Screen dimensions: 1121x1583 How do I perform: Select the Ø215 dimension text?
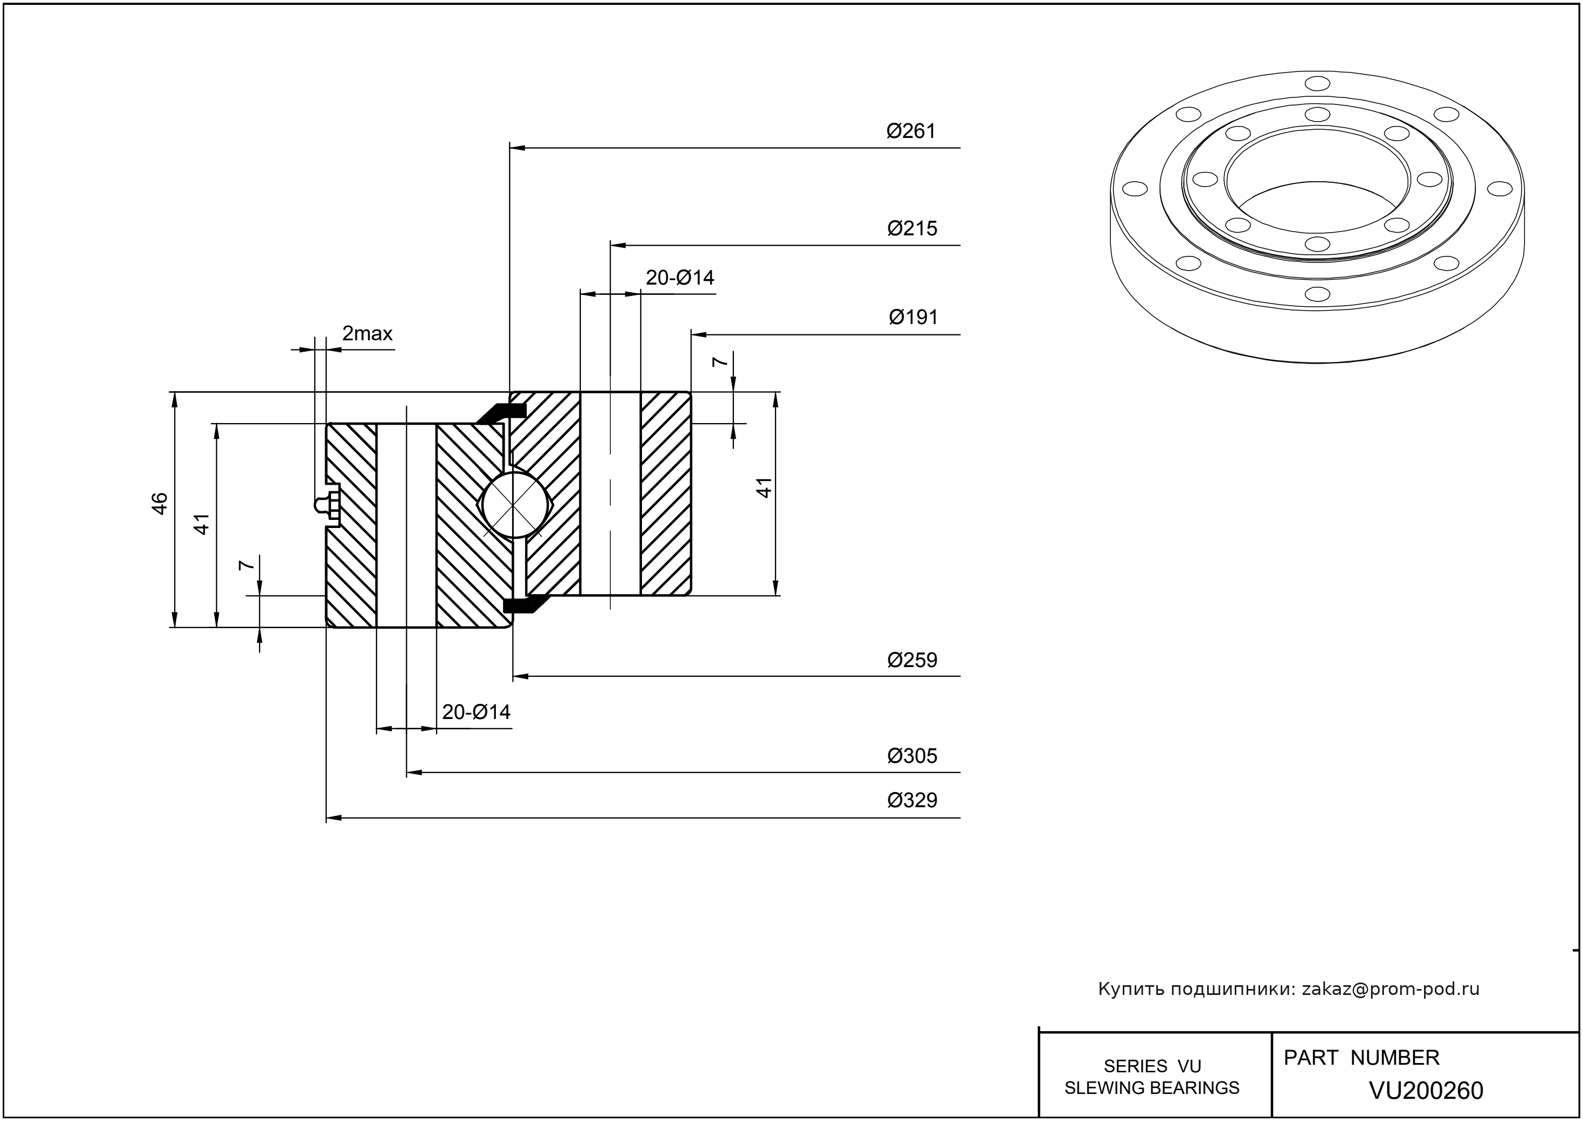[x=912, y=228]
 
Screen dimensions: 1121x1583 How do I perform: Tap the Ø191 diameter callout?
[x=913, y=317]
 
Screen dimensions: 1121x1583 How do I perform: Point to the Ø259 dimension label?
[x=912, y=660]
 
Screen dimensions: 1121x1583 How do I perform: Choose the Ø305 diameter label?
[x=912, y=756]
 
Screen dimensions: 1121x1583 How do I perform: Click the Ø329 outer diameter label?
[x=912, y=800]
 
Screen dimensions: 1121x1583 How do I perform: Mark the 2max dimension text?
[x=367, y=334]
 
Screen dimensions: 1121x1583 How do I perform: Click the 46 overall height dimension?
[x=160, y=503]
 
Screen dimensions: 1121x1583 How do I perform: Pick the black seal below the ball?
[x=525, y=604]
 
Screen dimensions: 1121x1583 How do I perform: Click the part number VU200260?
[x=1426, y=1090]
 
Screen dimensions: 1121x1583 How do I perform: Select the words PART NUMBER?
[x=1361, y=1058]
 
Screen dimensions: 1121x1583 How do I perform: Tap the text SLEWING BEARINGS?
[x=1152, y=1088]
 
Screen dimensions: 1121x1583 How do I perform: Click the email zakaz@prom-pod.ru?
[x=1390, y=989]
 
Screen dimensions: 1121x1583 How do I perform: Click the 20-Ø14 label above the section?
[x=680, y=278]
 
